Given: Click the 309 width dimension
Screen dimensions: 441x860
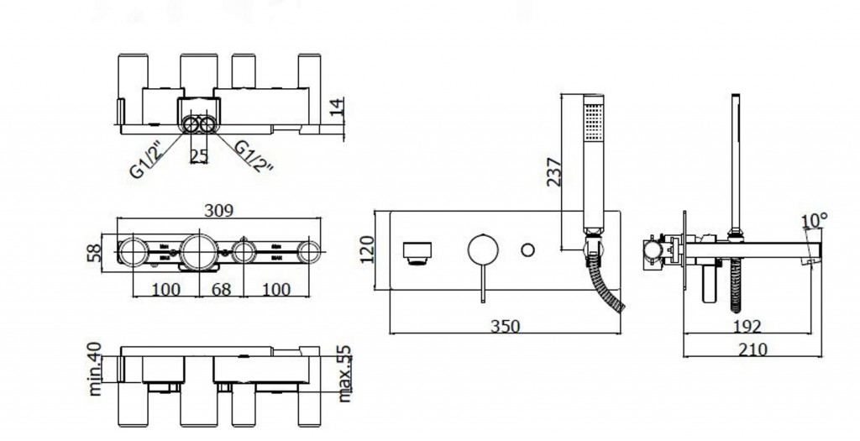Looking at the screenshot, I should tap(218, 211).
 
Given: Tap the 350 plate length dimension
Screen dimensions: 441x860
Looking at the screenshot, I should tap(505, 325).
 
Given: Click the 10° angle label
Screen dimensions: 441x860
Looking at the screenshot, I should tap(814, 221).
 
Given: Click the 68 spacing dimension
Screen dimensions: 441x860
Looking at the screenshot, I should tap(219, 290).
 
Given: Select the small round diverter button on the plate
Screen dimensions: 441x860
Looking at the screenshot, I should tap(528, 249).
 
